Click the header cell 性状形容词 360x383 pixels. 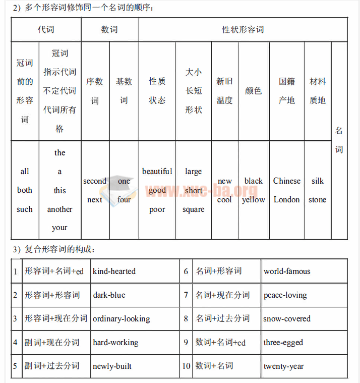point(243,30)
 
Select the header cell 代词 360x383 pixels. point(46,30)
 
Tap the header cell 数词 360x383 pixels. point(109,30)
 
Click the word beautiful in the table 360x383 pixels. point(157,172)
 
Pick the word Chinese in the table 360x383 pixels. point(286,181)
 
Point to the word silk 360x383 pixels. point(318,181)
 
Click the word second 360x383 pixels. point(95,181)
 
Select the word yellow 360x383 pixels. point(253,200)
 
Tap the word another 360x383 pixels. point(59,209)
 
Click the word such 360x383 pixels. point(25,209)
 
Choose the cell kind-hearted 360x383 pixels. point(114,271)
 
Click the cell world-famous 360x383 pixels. point(287,271)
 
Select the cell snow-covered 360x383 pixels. point(287,319)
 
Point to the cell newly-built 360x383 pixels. point(112,366)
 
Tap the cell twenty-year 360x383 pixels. point(283,366)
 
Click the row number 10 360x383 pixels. point(187,366)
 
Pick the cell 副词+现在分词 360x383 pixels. point(52,343)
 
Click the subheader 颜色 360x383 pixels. point(253,91)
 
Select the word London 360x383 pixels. point(286,200)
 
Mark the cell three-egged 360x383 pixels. point(283,343)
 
